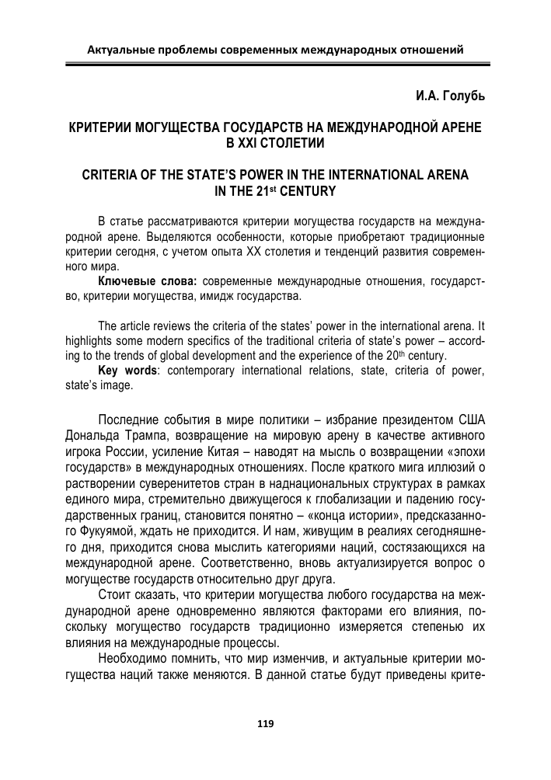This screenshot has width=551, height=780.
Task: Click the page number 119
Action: tap(265, 723)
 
